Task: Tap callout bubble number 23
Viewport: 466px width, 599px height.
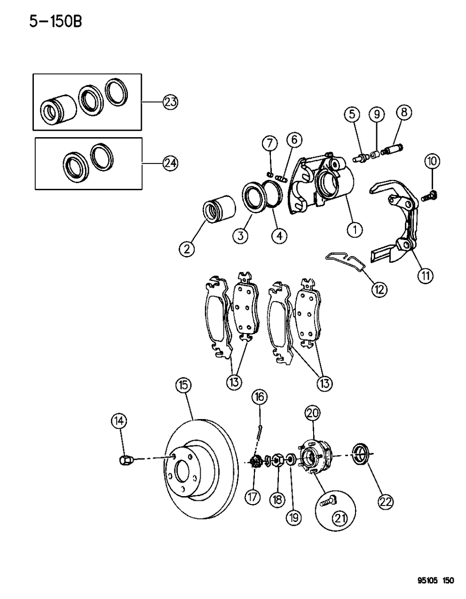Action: click(x=171, y=101)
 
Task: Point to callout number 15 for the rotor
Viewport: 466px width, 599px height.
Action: click(x=183, y=385)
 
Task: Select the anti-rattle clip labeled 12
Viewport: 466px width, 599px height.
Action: click(x=345, y=262)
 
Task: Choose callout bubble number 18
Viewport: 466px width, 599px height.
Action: click(x=277, y=499)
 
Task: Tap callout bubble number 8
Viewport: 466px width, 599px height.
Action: click(x=404, y=113)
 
